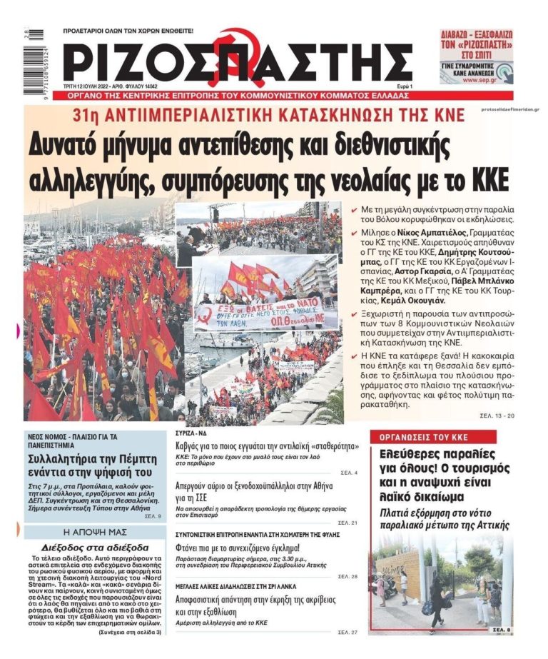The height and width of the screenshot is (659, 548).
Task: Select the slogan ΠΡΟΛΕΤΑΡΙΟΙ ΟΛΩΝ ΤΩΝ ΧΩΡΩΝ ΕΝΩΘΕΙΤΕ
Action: (x=128, y=31)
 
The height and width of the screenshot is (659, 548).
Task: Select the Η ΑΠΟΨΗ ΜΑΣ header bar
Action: (x=94, y=532)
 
